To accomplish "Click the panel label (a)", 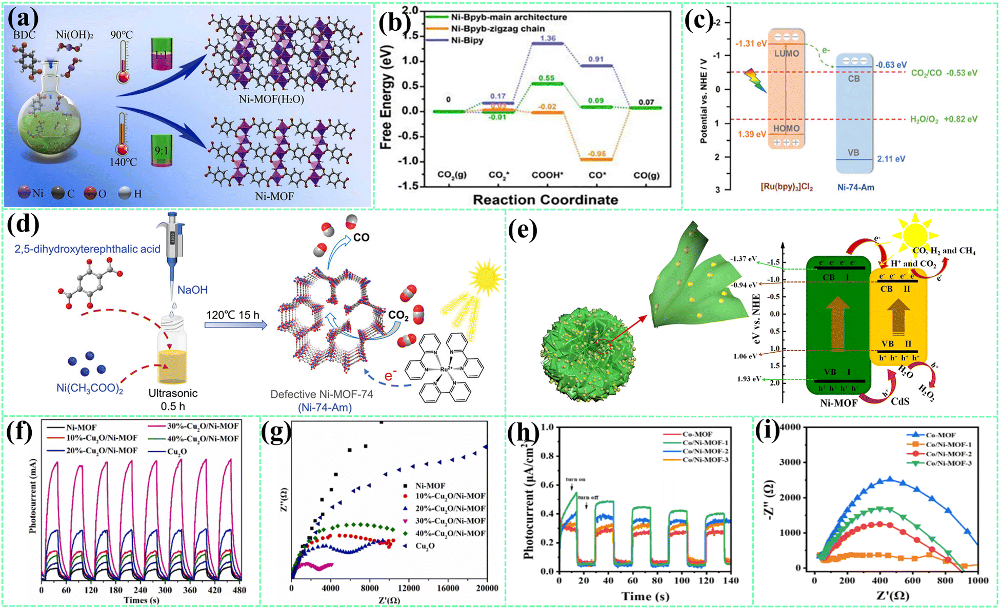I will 23,19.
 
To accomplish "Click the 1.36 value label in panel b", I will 548,38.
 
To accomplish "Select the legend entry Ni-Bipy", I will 467,40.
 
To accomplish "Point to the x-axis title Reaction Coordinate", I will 545,199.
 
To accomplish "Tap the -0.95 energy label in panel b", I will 596,153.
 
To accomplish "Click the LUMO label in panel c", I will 786,53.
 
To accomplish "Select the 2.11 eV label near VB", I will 891,159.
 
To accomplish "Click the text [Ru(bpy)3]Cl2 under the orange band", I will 786,188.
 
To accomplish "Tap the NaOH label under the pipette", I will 192,290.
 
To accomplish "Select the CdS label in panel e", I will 899,401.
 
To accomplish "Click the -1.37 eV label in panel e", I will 744,258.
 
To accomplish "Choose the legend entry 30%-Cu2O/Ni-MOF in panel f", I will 203,426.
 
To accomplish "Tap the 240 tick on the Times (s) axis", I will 140,590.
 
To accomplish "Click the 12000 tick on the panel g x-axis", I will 409,588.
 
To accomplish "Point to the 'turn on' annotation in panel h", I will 575,479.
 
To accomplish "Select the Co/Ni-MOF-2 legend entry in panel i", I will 948,454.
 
